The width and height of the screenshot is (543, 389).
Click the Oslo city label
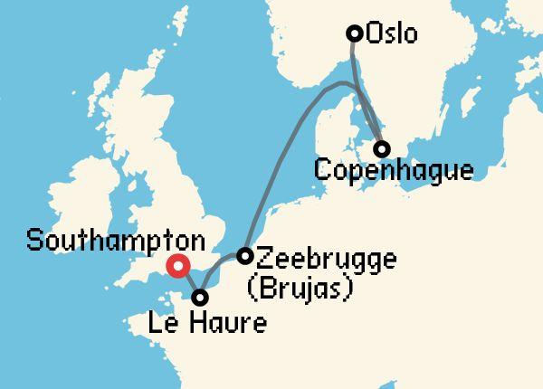click(x=392, y=34)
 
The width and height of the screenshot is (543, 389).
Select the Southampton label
click(x=115, y=242)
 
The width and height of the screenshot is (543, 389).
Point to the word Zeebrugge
click(x=326, y=258)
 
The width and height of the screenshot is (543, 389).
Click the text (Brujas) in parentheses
click(x=299, y=288)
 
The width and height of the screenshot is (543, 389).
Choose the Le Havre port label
click(x=209, y=323)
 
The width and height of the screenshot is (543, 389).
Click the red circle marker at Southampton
click(x=178, y=266)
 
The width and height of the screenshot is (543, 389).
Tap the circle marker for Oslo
click(x=356, y=34)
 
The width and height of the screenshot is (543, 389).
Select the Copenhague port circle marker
click(x=382, y=148)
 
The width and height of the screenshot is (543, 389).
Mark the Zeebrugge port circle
click(x=244, y=256)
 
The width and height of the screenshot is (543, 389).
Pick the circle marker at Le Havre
click(x=201, y=297)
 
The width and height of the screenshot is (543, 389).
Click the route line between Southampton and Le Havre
click(x=190, y=282)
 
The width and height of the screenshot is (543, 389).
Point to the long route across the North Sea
click(x=281, y=154)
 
